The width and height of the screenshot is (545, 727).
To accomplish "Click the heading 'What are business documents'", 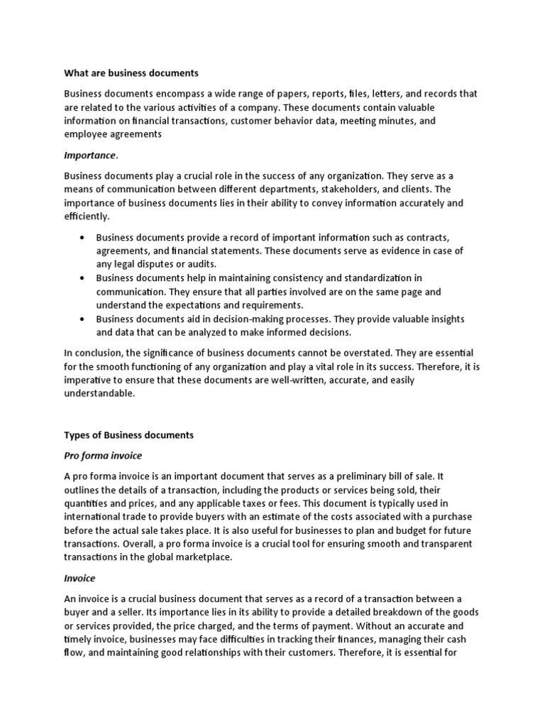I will [131, 72].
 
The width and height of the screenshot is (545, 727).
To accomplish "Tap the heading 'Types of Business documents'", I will [129, 434].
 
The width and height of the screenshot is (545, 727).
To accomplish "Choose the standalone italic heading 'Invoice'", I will [79, 579].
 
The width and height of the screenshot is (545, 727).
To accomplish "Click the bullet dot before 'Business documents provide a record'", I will [84, 238].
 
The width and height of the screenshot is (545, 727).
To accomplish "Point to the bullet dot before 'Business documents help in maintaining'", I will [84, 278].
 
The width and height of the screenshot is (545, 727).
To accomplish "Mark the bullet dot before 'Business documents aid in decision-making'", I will [84, 319].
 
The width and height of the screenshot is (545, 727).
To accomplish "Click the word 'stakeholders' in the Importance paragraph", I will [346, 190].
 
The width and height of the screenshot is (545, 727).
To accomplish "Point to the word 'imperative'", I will [88, 381].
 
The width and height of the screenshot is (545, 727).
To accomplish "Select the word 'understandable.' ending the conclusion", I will [99, 394].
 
